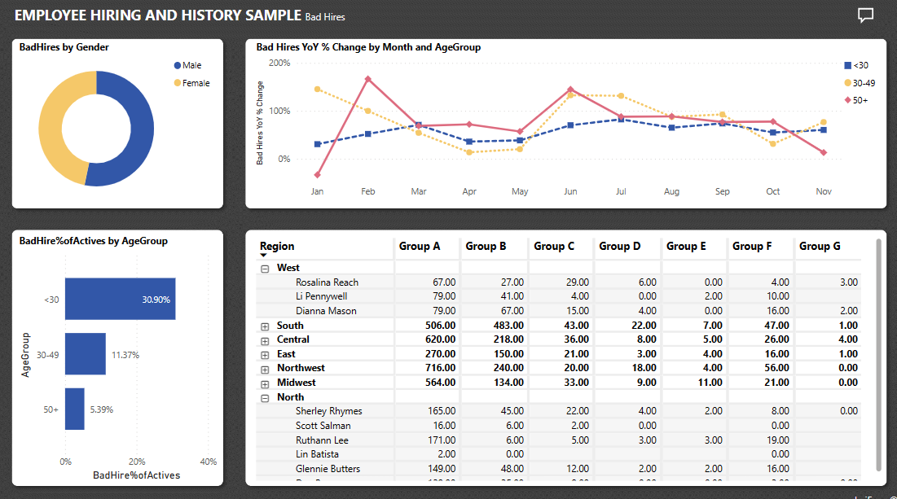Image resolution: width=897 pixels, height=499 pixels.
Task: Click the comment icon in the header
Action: point(865,15)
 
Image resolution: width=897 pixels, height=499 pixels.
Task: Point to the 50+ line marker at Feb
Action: point(368,79)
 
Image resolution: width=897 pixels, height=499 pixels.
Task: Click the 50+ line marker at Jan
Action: point(317,174)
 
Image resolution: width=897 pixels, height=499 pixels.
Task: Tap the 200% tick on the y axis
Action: point(279,63)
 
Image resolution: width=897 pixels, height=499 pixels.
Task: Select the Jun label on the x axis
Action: point(570,191)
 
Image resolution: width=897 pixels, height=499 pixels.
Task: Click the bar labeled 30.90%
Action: point(120,299)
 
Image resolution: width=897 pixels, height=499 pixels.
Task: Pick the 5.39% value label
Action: point(102,409)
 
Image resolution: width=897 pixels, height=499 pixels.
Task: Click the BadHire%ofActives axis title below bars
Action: point(136,475)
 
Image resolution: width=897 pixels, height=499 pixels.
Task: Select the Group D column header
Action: point(620,246)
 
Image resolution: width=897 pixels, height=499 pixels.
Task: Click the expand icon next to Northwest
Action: point(265,368)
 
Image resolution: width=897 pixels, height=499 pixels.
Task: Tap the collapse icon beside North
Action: point(265,397)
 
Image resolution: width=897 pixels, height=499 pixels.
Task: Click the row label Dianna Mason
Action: point(326,311)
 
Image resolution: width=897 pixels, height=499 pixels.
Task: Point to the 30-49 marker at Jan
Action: point(317,89)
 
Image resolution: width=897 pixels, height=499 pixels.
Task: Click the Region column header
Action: point(277,246)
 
